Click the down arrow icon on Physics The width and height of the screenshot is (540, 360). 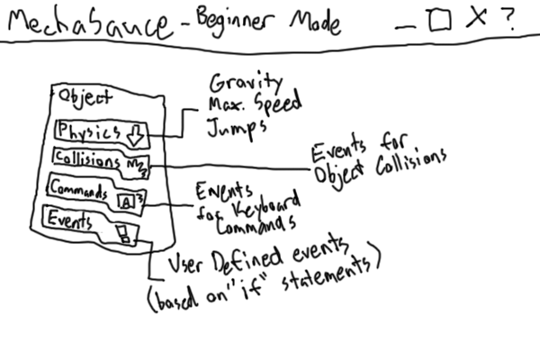point(135,135)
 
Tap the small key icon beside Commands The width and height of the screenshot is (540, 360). point(127,202)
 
